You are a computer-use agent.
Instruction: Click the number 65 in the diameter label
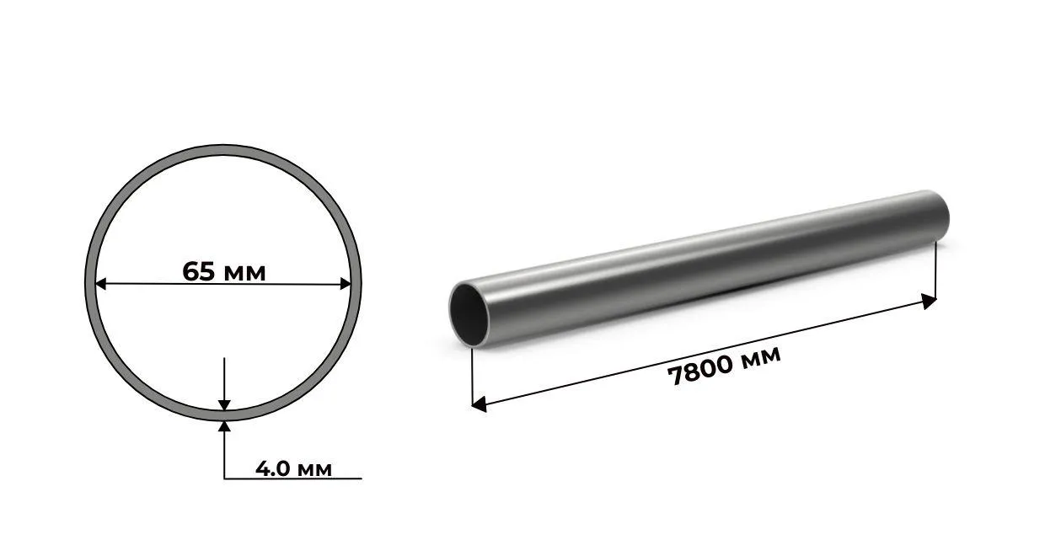point(198,271)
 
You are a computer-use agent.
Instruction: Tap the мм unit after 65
point(245,274)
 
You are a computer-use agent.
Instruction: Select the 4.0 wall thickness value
point(272,468)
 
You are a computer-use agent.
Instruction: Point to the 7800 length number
point(700,372)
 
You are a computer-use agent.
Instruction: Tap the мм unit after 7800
point(760,356)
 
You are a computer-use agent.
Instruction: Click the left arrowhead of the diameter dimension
point(101,284)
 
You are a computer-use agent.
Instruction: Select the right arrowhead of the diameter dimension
point(346,284)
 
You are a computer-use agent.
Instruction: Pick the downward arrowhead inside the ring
point(224,405)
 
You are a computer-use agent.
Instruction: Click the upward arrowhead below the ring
point(224,427)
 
